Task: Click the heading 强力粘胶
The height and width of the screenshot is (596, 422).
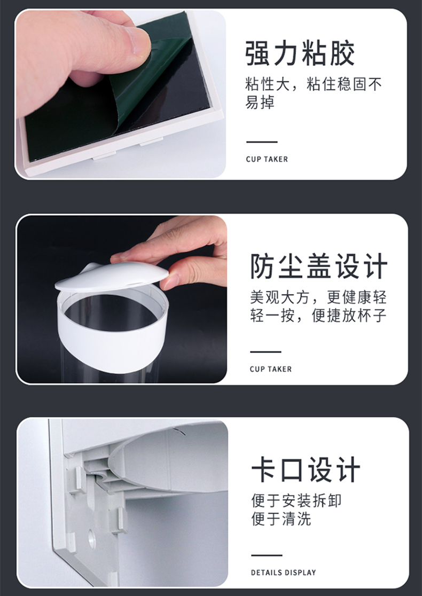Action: (300, 53)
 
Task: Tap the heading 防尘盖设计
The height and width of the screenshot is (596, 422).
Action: (318, 266)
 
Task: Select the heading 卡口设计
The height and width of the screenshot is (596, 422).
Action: (306, 470)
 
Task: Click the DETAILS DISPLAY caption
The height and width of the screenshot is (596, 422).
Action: (283, 573)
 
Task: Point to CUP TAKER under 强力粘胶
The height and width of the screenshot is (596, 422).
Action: (267, 159)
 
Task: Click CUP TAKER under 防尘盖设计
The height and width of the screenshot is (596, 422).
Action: (271, 369)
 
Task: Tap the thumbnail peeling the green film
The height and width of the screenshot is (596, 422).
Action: (121, 94)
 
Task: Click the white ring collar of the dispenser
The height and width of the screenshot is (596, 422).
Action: (113, 342)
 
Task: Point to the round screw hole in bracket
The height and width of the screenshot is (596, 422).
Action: (92, 539)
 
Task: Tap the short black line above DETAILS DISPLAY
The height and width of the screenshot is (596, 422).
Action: (267, 555)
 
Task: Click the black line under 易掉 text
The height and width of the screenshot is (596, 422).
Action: (262, 142)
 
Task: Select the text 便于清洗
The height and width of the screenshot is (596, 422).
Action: (281, 519)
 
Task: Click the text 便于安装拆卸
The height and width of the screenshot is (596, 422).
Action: (296, 500)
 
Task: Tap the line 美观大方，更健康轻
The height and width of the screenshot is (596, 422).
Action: (318, 297)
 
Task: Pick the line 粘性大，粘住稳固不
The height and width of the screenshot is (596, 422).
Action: (314, 84)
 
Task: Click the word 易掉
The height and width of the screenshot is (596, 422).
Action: (260, 102)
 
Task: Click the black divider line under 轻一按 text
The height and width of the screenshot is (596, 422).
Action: (265, 351)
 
